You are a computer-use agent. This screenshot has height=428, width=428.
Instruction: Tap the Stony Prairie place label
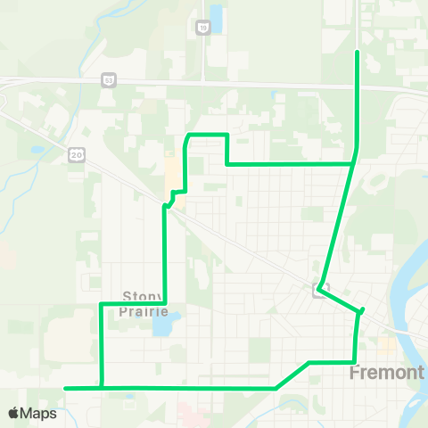point(144,304)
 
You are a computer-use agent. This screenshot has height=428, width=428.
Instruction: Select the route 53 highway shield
point(109,78)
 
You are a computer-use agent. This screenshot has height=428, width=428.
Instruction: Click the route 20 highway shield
point(75,154)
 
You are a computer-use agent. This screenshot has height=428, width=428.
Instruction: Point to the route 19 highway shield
point(202,29)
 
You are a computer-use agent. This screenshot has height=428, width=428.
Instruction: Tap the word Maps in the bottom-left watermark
point(39,413)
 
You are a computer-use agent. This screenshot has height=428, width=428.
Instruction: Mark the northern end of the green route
point(358,53)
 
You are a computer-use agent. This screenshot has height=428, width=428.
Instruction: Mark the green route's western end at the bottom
point(67,388)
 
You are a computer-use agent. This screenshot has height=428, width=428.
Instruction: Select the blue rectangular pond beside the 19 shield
point(216,20)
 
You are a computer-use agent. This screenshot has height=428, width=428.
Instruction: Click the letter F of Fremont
point(356,372)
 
